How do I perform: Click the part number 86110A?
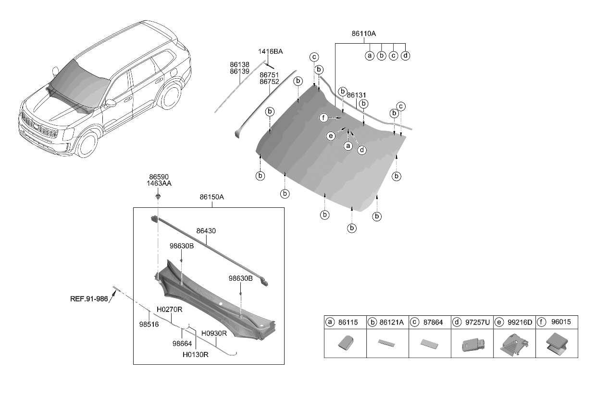coord(363,34)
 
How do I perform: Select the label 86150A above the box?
coord(212,197)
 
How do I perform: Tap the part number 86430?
coord(206,231)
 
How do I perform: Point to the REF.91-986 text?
coord(89,298)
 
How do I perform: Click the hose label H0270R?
coord(169,310)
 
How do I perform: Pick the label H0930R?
coord(214,333)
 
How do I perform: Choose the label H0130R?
coord(195,355)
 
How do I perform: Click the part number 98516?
coord(149,324)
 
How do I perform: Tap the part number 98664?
coord(182,343)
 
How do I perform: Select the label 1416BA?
coord(270,51)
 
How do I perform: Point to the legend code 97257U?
coord(477,322)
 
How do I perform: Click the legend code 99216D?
coord(520,322)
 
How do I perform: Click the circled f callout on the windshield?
coord(324,118)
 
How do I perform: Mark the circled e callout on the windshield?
coord(331,136)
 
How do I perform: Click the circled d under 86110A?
coord(405,56)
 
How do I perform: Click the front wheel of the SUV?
coord(87,143)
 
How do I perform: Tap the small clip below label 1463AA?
coord(158,196)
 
